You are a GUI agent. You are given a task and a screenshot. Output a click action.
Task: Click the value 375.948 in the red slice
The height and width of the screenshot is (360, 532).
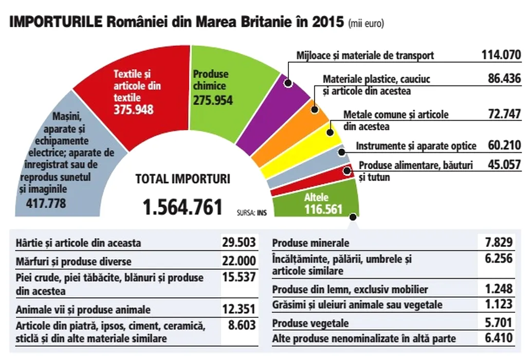(133, 109)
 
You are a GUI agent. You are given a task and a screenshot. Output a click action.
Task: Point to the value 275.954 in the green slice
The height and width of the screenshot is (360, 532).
(213, 100)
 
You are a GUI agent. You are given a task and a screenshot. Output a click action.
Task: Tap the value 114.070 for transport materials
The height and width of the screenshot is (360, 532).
(501, 55)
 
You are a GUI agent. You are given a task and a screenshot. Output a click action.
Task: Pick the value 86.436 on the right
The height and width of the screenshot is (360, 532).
(504, 79)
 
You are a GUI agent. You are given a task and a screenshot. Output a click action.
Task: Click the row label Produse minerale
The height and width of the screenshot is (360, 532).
(310, 243)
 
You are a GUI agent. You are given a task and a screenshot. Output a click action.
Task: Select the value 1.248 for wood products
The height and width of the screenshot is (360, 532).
(498, 289)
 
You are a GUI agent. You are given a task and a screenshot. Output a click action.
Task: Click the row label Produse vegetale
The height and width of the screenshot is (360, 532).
(310, 323)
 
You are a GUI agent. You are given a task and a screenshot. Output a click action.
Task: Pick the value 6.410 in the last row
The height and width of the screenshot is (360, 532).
(498, 339)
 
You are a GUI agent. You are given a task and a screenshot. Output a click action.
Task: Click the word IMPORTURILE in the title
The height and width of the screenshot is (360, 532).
(56, 23)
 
